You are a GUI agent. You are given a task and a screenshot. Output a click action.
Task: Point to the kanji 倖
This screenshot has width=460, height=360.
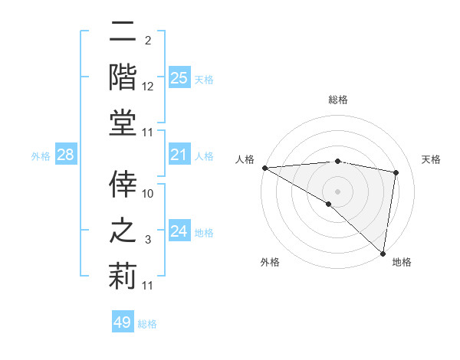point(123,182)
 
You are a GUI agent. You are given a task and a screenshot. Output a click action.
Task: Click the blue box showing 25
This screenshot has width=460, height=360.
point(179,77)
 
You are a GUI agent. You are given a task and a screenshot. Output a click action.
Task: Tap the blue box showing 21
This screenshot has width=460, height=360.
point(179,155)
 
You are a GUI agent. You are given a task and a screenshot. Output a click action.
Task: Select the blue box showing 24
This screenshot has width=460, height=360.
point(179,231)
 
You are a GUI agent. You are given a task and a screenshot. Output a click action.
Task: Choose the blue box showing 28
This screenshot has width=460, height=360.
point(65,155)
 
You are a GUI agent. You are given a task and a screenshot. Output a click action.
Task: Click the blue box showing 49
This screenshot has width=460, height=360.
point(123,322)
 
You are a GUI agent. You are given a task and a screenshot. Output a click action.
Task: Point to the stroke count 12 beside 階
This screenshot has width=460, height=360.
point(148,87)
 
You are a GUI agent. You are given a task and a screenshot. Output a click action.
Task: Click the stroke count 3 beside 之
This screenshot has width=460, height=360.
point(149,241)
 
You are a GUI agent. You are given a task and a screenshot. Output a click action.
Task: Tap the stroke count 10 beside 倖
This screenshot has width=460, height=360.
point(148,194)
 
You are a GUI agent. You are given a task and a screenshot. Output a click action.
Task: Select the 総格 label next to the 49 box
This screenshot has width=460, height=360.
point(147,324)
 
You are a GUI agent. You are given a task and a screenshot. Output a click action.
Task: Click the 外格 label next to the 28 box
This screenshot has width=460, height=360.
point(41,156)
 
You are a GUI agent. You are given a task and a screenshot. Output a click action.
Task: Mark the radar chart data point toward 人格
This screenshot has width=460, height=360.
point(264,168)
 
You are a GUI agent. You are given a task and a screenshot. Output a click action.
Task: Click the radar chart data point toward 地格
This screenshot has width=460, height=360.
point(383,252)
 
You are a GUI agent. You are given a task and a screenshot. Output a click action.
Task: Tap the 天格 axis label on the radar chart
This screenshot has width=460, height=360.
point(431,159)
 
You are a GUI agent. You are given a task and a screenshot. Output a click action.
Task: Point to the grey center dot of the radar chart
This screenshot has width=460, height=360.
point(337,191)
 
